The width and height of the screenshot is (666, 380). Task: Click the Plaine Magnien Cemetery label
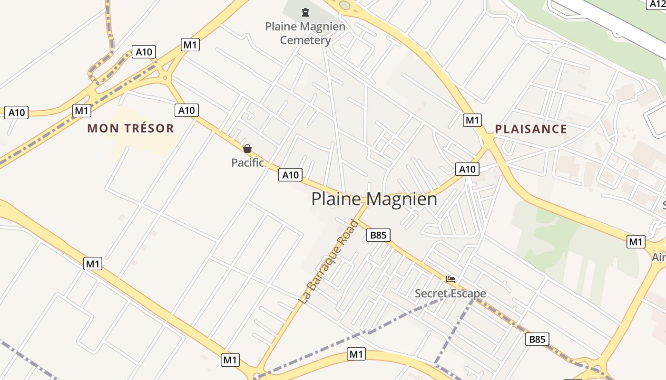click(x=305, y=33)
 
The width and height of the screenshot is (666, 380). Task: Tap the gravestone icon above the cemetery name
click(x=305, y=12)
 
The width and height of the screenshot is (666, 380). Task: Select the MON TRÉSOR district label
click(x=131, y=128)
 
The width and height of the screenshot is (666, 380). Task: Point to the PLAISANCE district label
click(x=531, y=129)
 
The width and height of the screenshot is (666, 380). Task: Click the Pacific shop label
click(x=247, y=163)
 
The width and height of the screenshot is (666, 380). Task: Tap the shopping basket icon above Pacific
click(x=247, y=149)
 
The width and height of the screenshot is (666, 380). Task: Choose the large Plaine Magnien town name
click(x=374, y=199)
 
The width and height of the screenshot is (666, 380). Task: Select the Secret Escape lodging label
click(x=450, y=294)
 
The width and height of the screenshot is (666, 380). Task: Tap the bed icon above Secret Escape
click(x=451, y=279)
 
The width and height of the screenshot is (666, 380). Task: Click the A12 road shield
click(x=657, y=4)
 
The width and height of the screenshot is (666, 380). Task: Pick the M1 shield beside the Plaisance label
click(x=472, y=120)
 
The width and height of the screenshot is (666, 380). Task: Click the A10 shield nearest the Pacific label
click(x=291, y=175)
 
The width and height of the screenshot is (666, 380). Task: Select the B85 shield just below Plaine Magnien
click(x=379, y=235)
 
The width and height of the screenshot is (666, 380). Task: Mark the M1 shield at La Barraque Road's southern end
click(x=230, y=360)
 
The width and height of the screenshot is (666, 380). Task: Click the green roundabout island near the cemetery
click(x=344, y=5)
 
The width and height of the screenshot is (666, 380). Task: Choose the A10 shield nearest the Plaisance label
click(x=467, y=169)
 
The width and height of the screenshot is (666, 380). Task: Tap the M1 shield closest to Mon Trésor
click(x=82, y=111)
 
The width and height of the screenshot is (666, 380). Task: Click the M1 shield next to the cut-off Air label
click(x=636, y=242)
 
